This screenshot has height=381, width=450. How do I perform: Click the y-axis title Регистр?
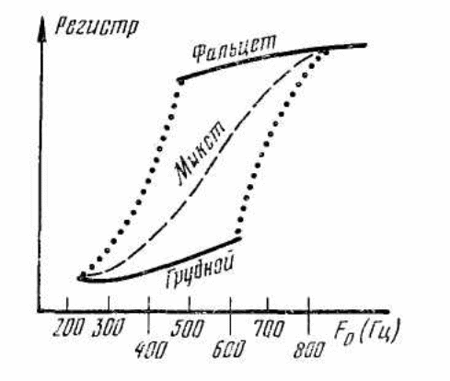[x=97, y=27]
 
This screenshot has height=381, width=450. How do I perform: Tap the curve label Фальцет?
[x=235, y=49]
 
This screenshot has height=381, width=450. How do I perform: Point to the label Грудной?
[x=201, y=271]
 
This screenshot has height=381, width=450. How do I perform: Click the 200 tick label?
[x=68, y=328]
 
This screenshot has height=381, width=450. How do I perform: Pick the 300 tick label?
[x=109, y=328]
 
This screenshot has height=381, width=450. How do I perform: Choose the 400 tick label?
[x=152, y=351]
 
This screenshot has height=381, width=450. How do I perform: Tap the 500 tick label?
[x=187, y=329]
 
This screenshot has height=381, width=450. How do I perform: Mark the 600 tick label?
[x=229, y=349]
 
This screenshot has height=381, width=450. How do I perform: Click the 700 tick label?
[x=270, y=329]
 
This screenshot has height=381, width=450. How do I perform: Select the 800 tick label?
[x=308, y=350]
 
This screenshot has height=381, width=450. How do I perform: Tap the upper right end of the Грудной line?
[x=240, y=238]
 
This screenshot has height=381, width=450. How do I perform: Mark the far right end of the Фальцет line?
[x=365, y=45]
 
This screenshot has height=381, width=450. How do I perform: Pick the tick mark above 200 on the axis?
[x=67, y=305]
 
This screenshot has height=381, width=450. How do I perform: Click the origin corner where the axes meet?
[x=40, y=311]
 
